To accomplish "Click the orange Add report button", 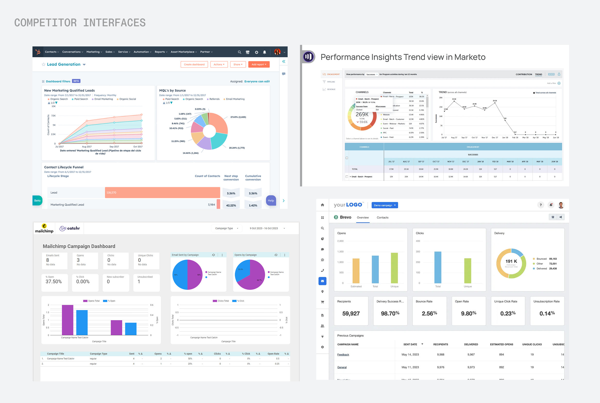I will coord(259,64).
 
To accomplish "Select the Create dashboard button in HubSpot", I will coord(194,64).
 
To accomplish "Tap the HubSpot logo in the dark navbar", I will coord(38,52).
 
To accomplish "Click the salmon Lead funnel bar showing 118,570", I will coord(162,193).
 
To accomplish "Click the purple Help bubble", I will coord(271,201).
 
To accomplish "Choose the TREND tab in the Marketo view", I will coord(538,75).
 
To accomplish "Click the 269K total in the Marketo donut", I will coord(362,114).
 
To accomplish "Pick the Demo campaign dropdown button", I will coord(385,205).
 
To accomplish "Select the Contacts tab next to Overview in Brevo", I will coord(382,218).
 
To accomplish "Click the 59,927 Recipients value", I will coord(351,314).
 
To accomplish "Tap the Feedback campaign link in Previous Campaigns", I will coord(343,355).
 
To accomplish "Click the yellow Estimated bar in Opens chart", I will coord(356,271).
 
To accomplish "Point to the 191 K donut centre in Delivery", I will coord(511,261).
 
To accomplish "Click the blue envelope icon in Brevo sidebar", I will coord(322,281).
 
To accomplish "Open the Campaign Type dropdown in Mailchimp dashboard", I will coord(227,228).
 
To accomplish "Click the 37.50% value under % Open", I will coord(54,282).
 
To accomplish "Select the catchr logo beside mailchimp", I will coord(70,228).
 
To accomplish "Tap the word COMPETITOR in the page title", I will coord(45,23).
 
